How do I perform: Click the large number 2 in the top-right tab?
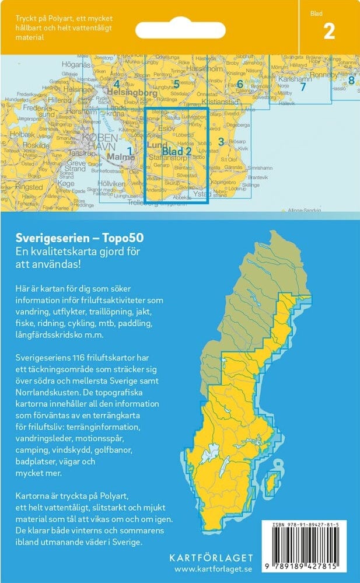click(x=329, y=31)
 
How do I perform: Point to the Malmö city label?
click(x=120, y=158)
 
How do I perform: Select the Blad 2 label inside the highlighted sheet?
click(x=177, y=152)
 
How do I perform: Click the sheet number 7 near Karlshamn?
click(x=302, y=88)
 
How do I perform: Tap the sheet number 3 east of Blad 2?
click(x=221, y=141)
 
